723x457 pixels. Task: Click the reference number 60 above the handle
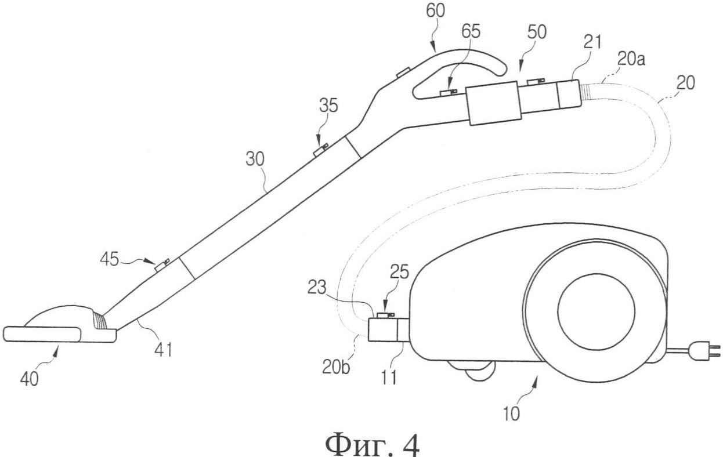[435, 11]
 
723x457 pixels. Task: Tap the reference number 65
[471, 31]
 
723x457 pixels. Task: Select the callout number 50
[537, 32]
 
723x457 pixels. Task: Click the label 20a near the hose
[631, 59]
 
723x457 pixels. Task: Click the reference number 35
[328, 105]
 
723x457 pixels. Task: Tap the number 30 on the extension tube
[255, 159]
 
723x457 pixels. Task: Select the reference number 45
[110, 259]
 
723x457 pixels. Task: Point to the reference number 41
[162, 349]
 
